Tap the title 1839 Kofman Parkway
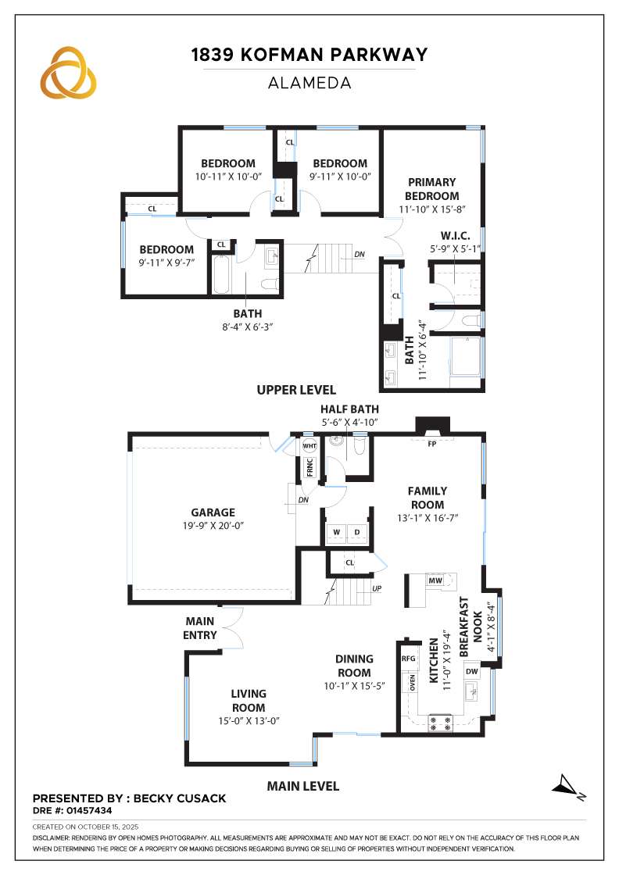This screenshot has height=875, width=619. point(309,55)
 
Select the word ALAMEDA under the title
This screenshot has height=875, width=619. point(309,82)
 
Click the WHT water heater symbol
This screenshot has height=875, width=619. point(309,447)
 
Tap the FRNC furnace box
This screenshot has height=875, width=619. point(309,469)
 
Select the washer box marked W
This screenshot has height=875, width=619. point(337,533)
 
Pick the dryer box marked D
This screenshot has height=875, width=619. point(358,533)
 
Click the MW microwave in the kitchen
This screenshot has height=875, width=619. point(435,581)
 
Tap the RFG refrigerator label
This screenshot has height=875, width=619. point(408,659)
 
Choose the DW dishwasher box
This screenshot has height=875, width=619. point(471,672)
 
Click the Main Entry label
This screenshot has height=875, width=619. point(200,628)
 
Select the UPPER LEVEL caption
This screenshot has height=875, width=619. point(296,390)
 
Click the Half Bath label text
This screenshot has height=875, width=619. point(349,409)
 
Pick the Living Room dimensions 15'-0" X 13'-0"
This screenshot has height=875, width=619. point(249,721)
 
